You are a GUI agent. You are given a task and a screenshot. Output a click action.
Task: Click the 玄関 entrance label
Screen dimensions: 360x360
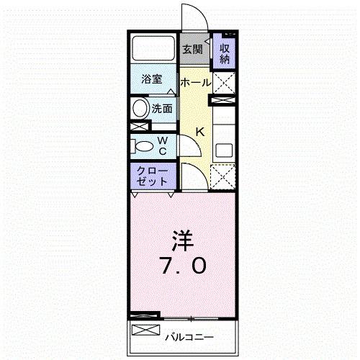(x=192, y=50)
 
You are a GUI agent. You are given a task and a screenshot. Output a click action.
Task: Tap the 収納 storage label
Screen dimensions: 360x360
(x=225, y=52)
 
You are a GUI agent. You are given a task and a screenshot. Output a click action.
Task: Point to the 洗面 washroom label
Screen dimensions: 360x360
(x=162, y=109)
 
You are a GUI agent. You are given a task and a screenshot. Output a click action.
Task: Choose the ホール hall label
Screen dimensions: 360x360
(x=195, y=82)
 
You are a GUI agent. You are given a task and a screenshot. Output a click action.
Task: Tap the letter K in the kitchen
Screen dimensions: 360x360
(x=201, y=132)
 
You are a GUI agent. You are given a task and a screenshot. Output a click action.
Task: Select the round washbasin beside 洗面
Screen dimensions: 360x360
(x=139, y=109)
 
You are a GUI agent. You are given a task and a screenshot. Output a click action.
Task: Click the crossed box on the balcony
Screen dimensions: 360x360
(x=145, y=330)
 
